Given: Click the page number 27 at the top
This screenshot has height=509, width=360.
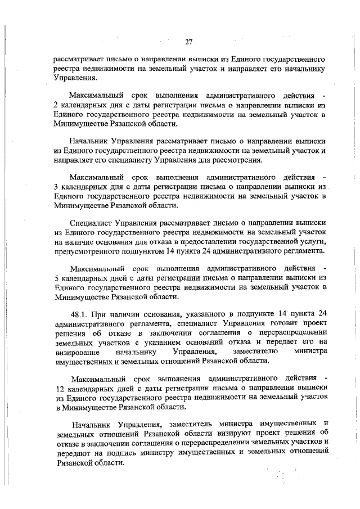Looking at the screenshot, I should tap(189, 41).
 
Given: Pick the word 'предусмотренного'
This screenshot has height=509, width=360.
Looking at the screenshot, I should tap(89, 250).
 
